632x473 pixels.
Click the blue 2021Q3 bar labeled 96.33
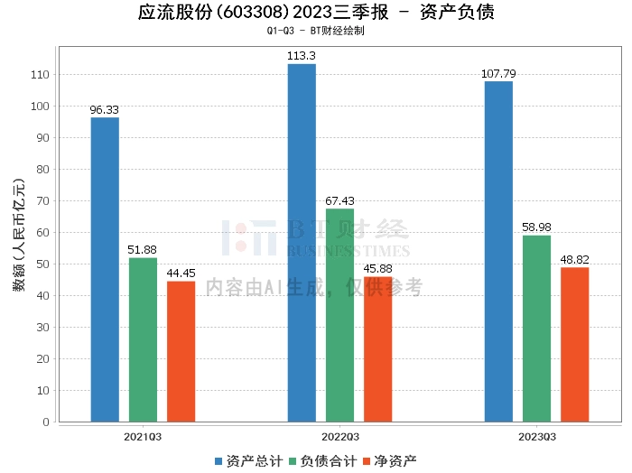[105, 270]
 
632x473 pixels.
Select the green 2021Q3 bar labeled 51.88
[143, 339]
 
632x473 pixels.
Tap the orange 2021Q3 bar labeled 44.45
[181, 351]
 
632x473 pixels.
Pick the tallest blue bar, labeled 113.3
[302, 243]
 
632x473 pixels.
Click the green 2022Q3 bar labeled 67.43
[339, 315]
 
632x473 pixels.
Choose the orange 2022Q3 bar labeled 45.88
[377, 349]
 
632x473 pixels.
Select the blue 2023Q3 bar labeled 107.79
[498, 252]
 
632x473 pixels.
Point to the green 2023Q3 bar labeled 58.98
[536, 329]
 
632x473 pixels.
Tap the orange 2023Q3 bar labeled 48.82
[575, 345]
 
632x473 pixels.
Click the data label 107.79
[498, 74]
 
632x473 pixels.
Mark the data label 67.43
[339, 200]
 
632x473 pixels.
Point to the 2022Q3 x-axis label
[340, 437]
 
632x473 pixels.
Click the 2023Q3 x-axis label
[537, 437]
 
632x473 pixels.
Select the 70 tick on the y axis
[42, 200]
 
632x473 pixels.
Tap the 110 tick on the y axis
[40, 75]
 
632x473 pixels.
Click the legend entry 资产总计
[249, 461]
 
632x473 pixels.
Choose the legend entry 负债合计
[323, 461]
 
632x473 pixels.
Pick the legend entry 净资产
[390, 461]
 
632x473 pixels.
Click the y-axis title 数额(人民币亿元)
[19, 235]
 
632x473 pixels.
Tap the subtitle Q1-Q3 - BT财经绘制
[316, 31]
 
